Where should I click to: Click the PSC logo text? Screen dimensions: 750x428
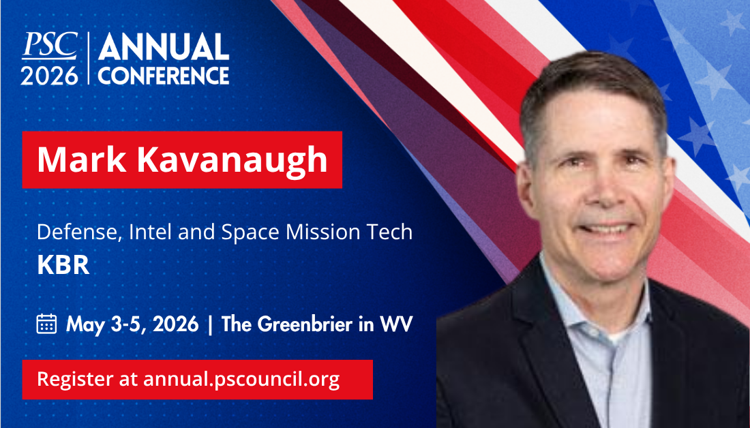(50, 46)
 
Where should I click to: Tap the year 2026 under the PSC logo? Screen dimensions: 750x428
(49, 76)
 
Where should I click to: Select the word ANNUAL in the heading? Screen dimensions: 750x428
(164, 47)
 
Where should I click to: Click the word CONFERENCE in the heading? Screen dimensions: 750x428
(164, 76)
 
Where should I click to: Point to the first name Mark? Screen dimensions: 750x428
(82, 159)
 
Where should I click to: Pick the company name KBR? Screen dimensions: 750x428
(63, 265)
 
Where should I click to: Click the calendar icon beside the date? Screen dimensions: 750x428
(46, 324)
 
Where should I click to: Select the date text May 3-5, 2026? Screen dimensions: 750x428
(132, 324)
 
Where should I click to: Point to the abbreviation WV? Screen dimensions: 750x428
(396, 324)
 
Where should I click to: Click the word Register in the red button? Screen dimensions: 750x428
(75, 380)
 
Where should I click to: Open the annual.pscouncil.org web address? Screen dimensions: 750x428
(241, 380)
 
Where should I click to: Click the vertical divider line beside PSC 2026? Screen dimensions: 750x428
(89, 59)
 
